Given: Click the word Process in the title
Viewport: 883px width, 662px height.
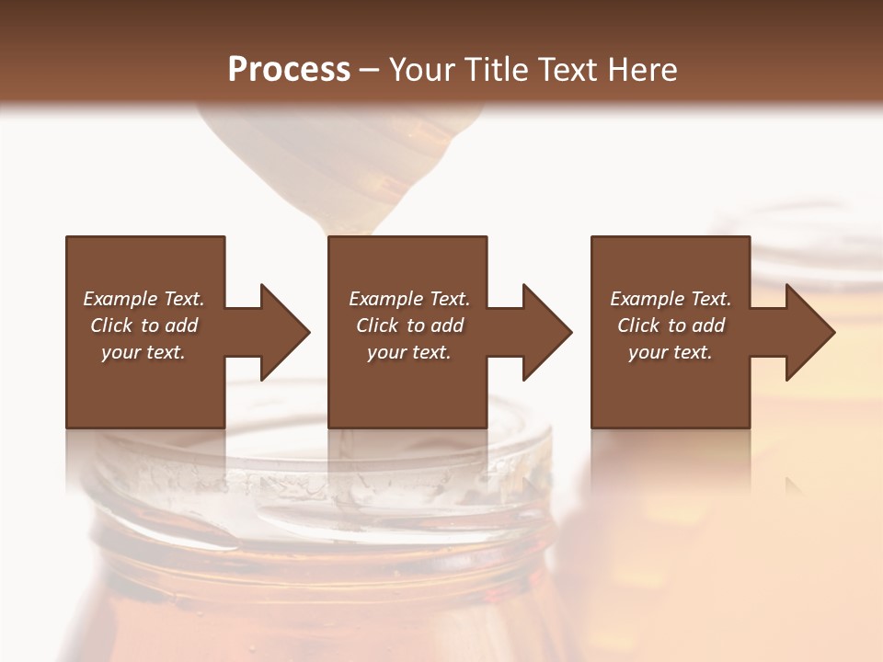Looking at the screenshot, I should pyautogui.click(x=289, y=69).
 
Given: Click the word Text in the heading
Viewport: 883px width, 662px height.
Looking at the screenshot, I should pyautogui.click(x=575, y=69).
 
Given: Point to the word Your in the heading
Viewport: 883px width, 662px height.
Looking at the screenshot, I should pyautogui.click(x=424, y=69).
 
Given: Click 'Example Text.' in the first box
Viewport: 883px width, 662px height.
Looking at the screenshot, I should pyautogui.click(x=144, y=299).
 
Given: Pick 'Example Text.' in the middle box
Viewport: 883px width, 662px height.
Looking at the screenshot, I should pyautogui.click(x=409, y=299).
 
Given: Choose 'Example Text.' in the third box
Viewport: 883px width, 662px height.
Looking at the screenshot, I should pyautogui.click(x=671, y=299).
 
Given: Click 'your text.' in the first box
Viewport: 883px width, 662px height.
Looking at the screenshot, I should pyautogui.click(x=144, y=352).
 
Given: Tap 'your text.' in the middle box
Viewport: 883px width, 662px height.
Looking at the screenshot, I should pyautogui.click(x=409, y=352).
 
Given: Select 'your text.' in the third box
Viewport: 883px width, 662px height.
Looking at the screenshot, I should pyautogui.click(x=671, y=352).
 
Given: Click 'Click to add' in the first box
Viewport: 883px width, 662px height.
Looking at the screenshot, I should pyautogui.click(x=144, y=325).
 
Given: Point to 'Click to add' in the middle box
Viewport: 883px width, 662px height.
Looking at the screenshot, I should pyautogui.click(x=409, y=325).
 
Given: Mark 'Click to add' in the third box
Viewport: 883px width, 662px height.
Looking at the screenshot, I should pyautogui.click(x=671, y=325).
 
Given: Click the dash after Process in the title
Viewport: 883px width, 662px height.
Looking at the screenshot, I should pyautogui.click(x=370, y=70).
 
